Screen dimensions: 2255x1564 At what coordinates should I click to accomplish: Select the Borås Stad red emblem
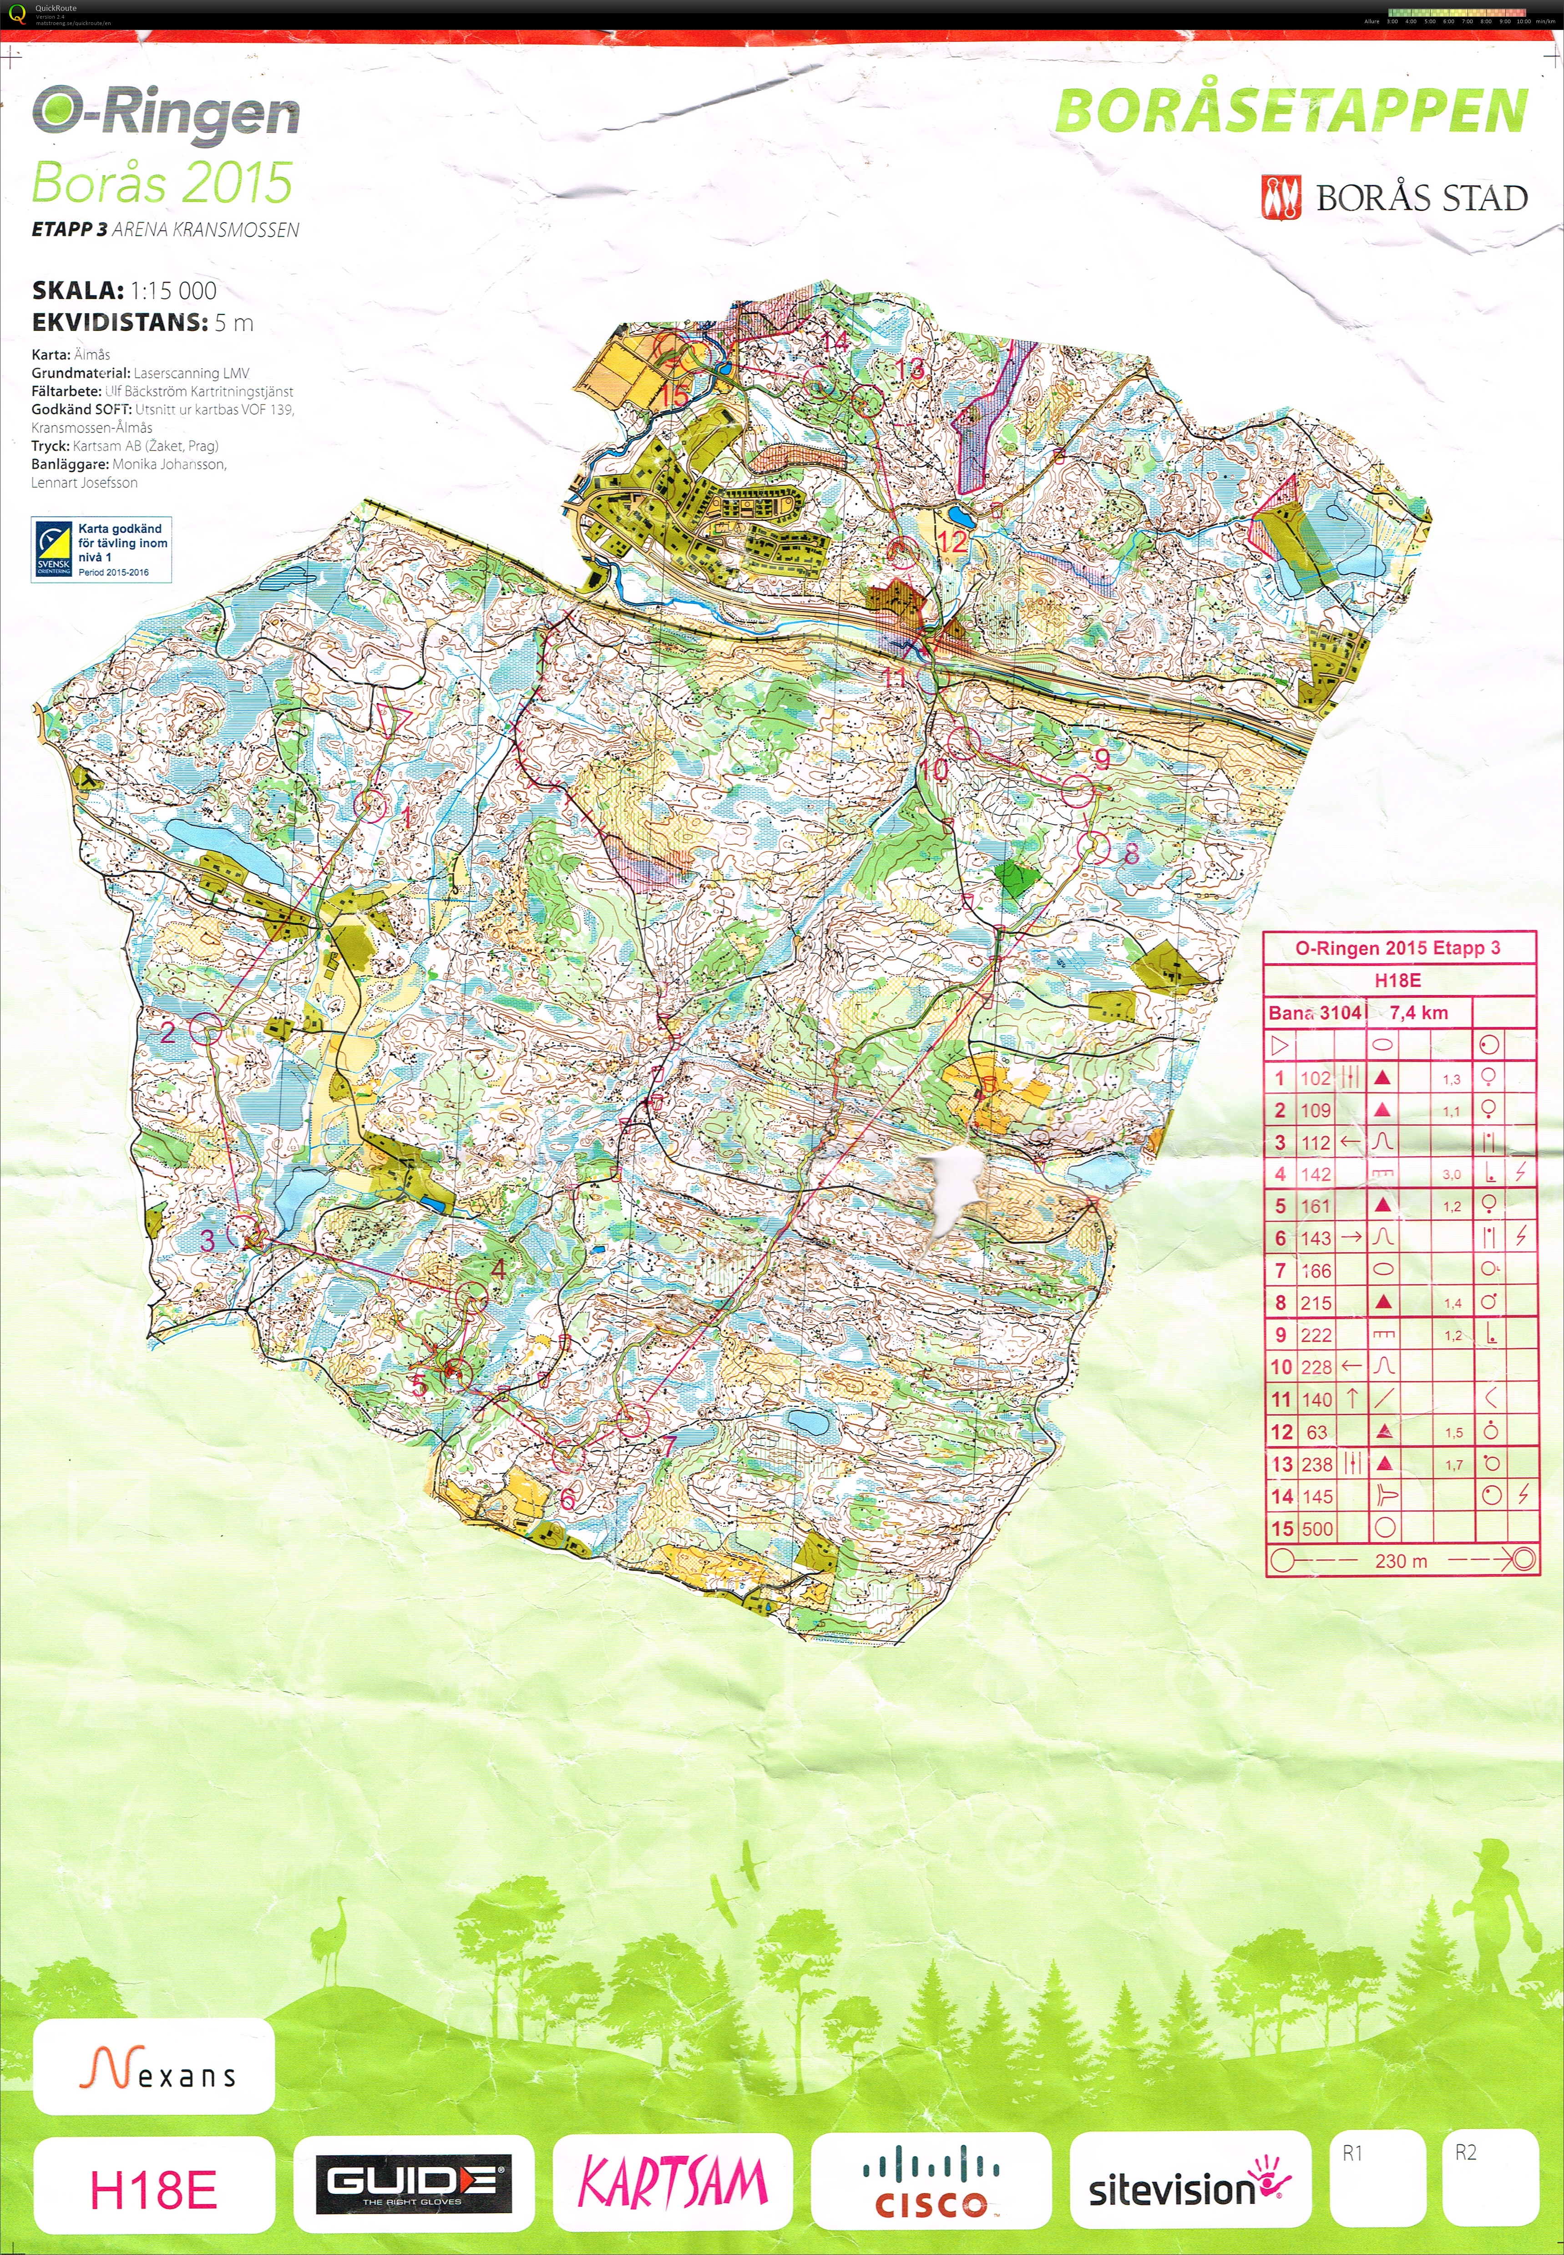coord(1281,197)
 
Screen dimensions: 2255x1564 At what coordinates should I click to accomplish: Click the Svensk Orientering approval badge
coord(101,550)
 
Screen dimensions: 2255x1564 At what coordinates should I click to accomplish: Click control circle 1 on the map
coord(370,806)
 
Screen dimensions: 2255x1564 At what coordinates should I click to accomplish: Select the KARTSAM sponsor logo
coord(672,2184)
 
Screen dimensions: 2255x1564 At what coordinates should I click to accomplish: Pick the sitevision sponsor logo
coord(1189,2184)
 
